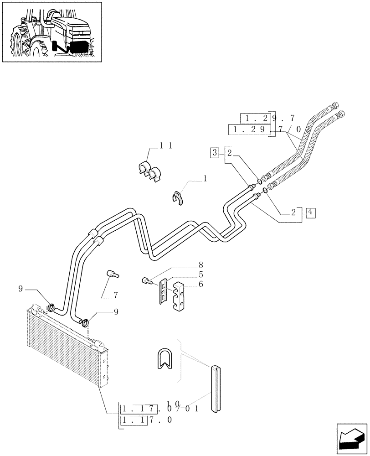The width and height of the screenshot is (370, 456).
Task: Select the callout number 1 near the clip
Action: [205, 179]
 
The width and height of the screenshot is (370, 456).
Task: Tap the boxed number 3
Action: [214, 153]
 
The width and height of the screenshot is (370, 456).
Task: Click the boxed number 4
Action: [310, 212]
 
